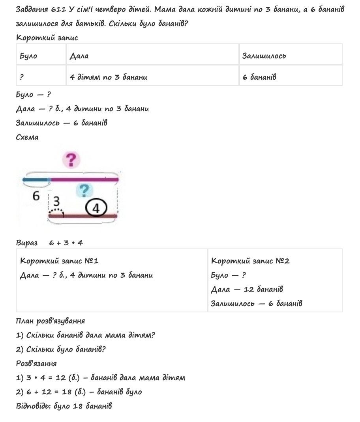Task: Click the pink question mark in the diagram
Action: (x=71, y=160)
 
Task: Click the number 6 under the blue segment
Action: (x=36, y=196)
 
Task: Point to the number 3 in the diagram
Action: (x=56, y=202)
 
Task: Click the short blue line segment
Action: (x=36, y=180)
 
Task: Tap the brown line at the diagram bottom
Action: (x=83, y=215)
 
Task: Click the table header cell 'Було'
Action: (x=28, y=56)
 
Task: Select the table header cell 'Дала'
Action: (x=79, y=56)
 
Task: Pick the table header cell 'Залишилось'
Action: (x=264, y=56)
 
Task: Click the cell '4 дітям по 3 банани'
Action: (x=108, y=77)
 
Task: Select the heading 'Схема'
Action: (x=27, y=137)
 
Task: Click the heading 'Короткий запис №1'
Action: (x=59, y=261)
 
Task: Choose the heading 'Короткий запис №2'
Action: (x=250, y=261)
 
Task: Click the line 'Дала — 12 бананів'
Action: (x=247, y=289)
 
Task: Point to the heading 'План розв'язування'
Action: (x=50, y=321)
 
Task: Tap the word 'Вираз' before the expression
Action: (x=27, y=243)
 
